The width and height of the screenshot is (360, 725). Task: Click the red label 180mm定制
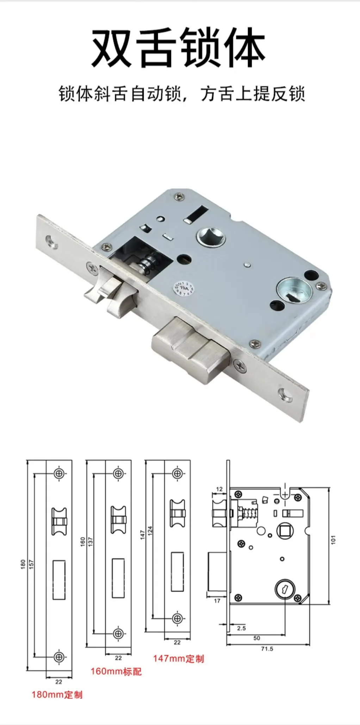pyautogui.click(x=57, y=694)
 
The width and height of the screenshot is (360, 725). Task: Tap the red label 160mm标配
pyautogui.click(x=116, y=671)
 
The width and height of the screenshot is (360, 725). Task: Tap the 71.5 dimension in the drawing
pyautogui.click(x=267, y=649)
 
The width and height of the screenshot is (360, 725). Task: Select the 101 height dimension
pyautogui.click(x=333, y=540)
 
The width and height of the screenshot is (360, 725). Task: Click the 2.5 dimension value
pyautogui.click(x=241, y=628)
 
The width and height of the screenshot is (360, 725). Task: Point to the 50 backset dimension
pyautogui.click(x=256, y=638)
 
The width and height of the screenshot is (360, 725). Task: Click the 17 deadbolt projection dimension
pyautogui.click(x=217, y=601)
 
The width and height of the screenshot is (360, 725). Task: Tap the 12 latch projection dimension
pyautogui.click(x=219, y=489)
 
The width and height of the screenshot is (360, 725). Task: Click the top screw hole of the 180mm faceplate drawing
pyautogui.click(x=59, y=473)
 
